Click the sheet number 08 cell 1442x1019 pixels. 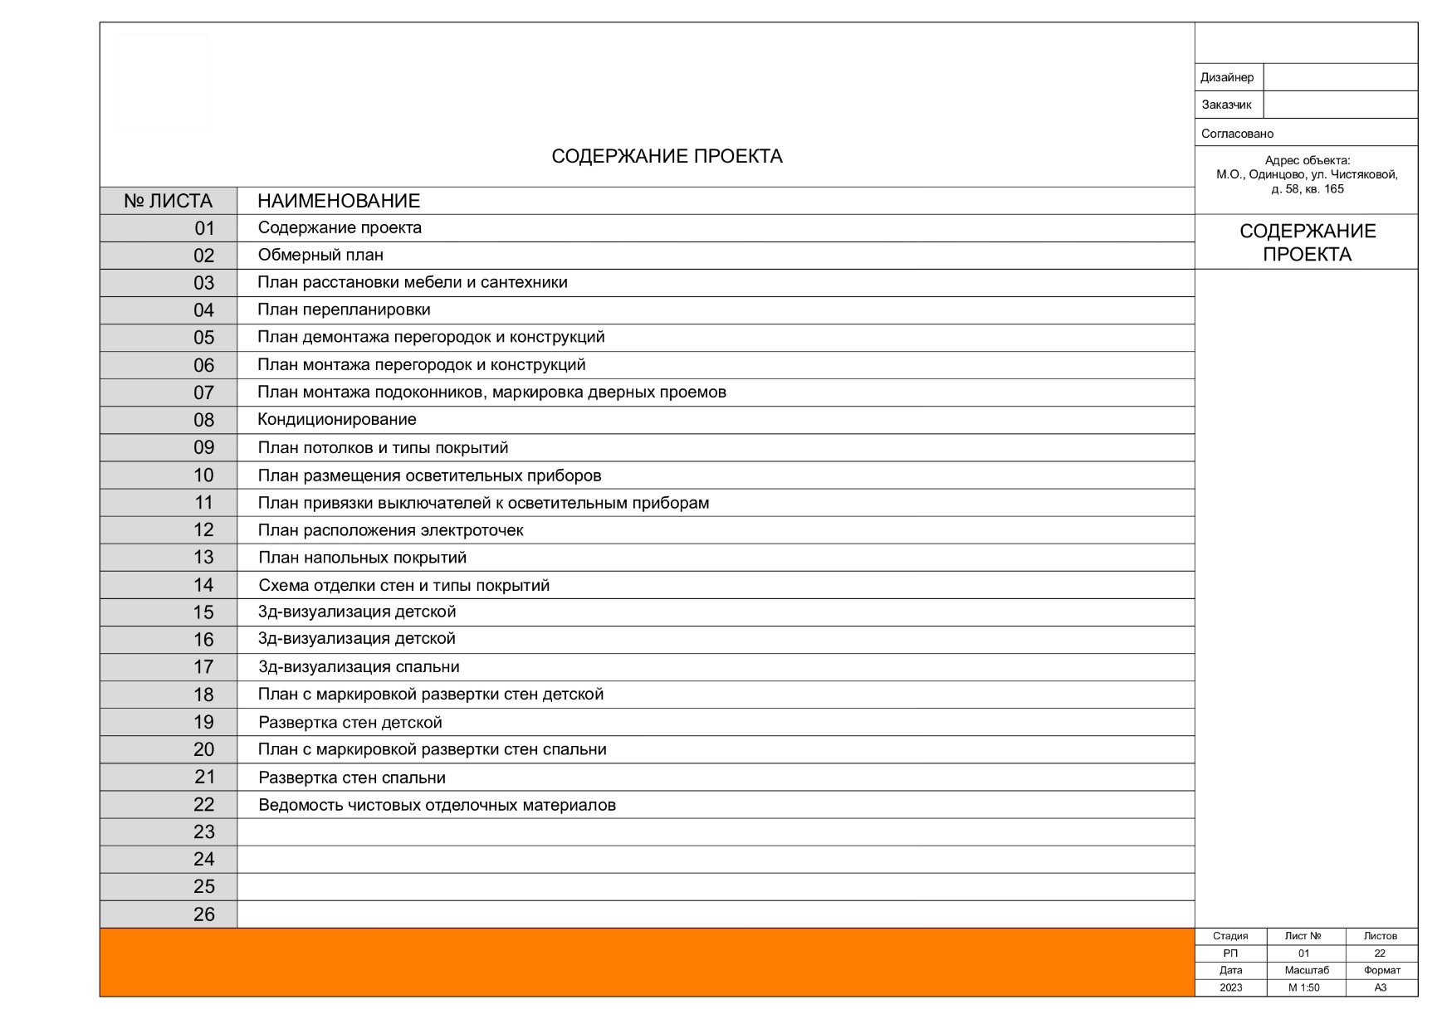point(203,420)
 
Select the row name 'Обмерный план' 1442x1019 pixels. point(320,255)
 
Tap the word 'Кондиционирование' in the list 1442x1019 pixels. point(336,420)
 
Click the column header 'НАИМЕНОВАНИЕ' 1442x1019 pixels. point(339,201)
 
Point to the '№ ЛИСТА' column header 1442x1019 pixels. point(168,201)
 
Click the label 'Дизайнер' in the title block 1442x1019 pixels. point(1226,77)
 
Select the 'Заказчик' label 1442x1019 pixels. point(1226,105)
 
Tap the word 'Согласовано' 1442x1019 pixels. point(1237,134)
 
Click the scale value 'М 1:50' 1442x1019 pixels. point(1303,987)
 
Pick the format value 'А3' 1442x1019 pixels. point(1380,987)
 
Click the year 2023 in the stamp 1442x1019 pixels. point(1230,987)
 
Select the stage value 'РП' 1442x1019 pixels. point(1230,953)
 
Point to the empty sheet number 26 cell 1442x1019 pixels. point(203,914)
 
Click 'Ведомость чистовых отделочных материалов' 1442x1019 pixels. point(437,805)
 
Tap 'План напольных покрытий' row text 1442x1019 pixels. point(362,558)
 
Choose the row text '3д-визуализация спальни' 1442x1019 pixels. point(359,667)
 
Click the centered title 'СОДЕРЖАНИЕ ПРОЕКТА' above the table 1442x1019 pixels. point(667,156)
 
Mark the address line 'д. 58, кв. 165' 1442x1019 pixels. point(1307,189)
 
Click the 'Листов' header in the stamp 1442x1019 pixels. point(1380,936)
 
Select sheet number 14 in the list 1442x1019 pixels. point(203,585)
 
